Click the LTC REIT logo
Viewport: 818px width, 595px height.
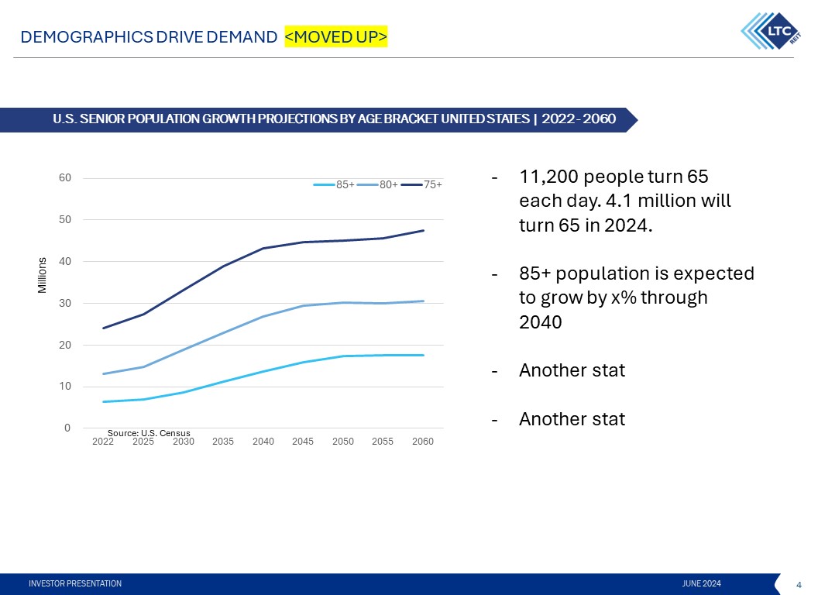(x=770, y=30)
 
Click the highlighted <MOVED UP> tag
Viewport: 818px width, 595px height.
(x=335, y=36)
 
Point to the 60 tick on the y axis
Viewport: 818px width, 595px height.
(x=66, y=177)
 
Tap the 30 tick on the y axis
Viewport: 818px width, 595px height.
(x=66, y=303)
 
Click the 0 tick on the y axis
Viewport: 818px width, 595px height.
(x=67, y=428)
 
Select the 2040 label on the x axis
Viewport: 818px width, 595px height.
(x=263, y=442)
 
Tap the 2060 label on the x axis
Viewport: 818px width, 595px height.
(x=423, y=442)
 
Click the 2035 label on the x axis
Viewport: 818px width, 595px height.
(x=223, y=442)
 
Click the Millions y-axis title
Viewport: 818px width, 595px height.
(x=43, y=275)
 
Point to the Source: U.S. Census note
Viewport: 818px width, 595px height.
(x=149, y=432)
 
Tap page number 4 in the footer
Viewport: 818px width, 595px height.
(x=799, y=583)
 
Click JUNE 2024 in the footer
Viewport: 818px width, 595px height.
(x=702, y=583)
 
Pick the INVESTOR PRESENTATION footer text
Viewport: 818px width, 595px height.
(x=75, y=583)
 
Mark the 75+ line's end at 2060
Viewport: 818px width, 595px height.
(x=424, y=230)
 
